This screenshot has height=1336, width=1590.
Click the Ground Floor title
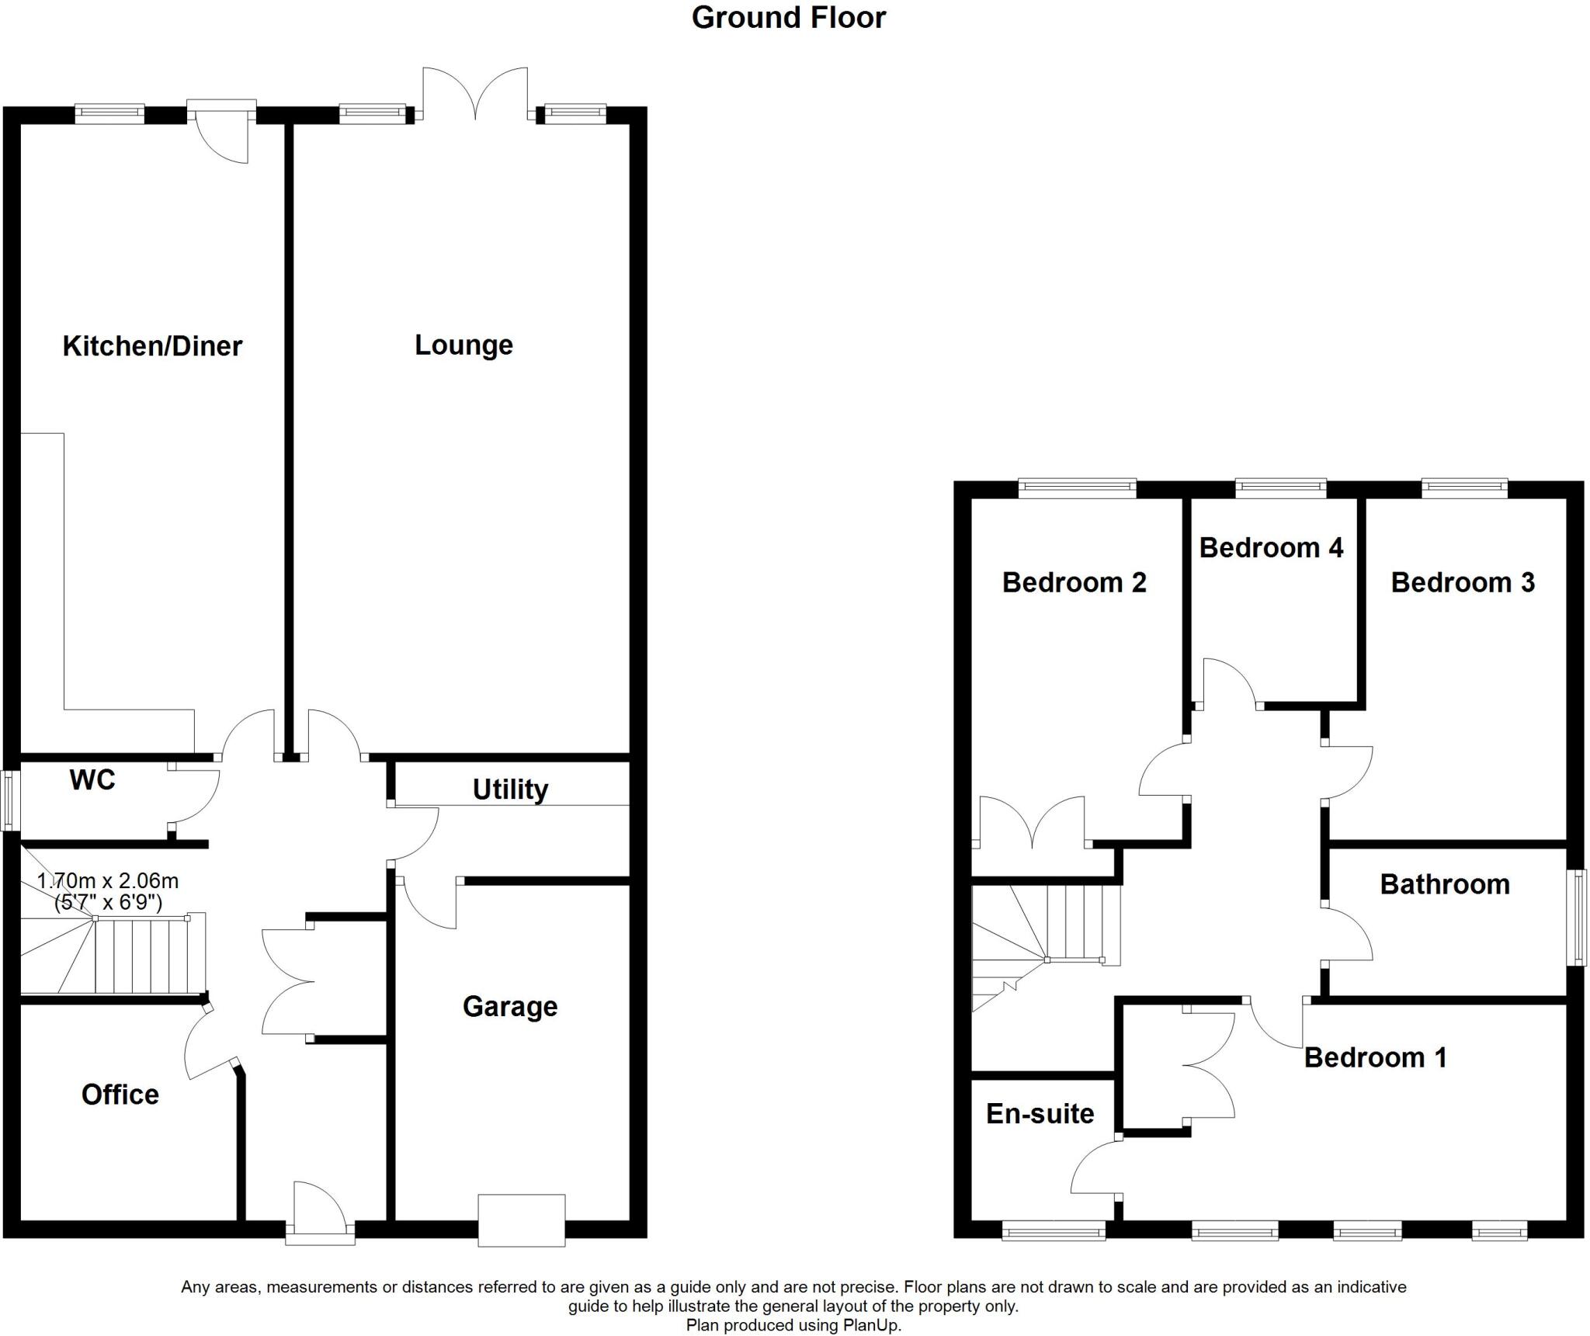788,18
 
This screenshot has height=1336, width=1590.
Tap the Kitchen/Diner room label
152,345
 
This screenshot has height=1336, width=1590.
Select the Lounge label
463,345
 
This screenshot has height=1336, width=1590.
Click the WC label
92,779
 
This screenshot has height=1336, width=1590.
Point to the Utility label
510,789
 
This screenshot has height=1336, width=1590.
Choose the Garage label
510,1006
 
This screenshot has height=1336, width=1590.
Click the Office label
120,1094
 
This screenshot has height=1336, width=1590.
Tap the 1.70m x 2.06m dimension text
108,881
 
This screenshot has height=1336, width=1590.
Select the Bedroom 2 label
1074,582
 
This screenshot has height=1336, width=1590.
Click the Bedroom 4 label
1271,548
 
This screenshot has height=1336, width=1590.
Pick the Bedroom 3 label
1463,582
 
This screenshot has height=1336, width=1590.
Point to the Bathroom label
1445,884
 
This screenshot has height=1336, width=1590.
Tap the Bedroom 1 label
1375,1057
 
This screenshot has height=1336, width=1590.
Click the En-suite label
1040,1113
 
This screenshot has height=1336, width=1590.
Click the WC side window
10,800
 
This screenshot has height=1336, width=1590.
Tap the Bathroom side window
1578,918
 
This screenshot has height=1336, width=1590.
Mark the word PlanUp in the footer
872,1325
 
